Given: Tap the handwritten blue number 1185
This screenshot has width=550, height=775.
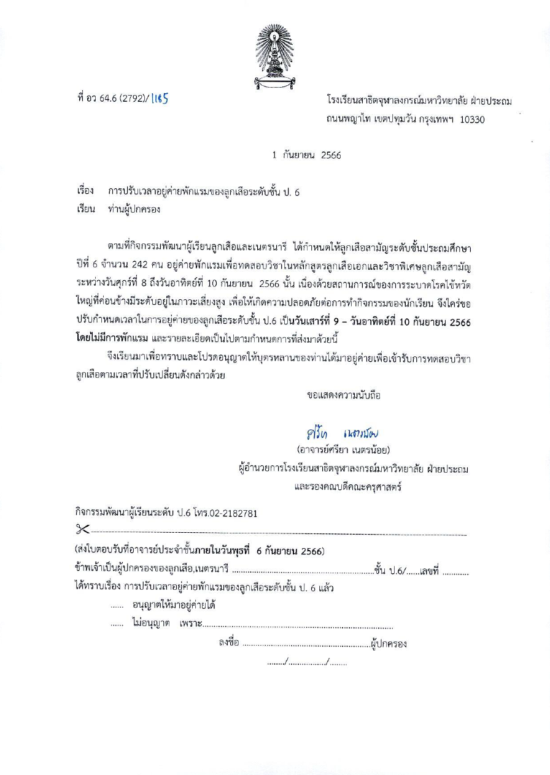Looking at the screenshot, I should pos(159,99).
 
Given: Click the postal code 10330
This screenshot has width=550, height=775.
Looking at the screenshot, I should pos(472,120).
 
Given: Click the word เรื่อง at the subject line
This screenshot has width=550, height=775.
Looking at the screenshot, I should pos(85,192).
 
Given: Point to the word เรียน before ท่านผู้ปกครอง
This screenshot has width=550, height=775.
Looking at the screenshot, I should pos(85,209).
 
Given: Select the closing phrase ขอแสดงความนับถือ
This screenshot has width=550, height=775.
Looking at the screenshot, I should pos(344,395).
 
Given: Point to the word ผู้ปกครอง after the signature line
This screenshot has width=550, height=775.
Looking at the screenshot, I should pos(389,644).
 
